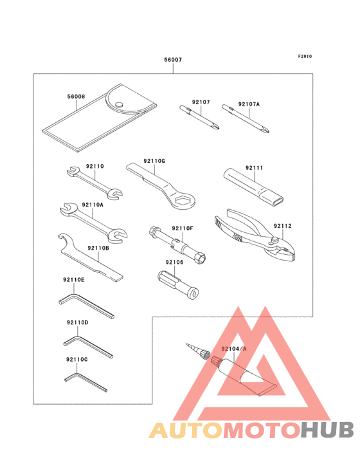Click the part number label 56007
(x=172, y=60)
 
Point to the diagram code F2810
(x=304, y=57)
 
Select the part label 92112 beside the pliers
(x=282, y=226)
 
